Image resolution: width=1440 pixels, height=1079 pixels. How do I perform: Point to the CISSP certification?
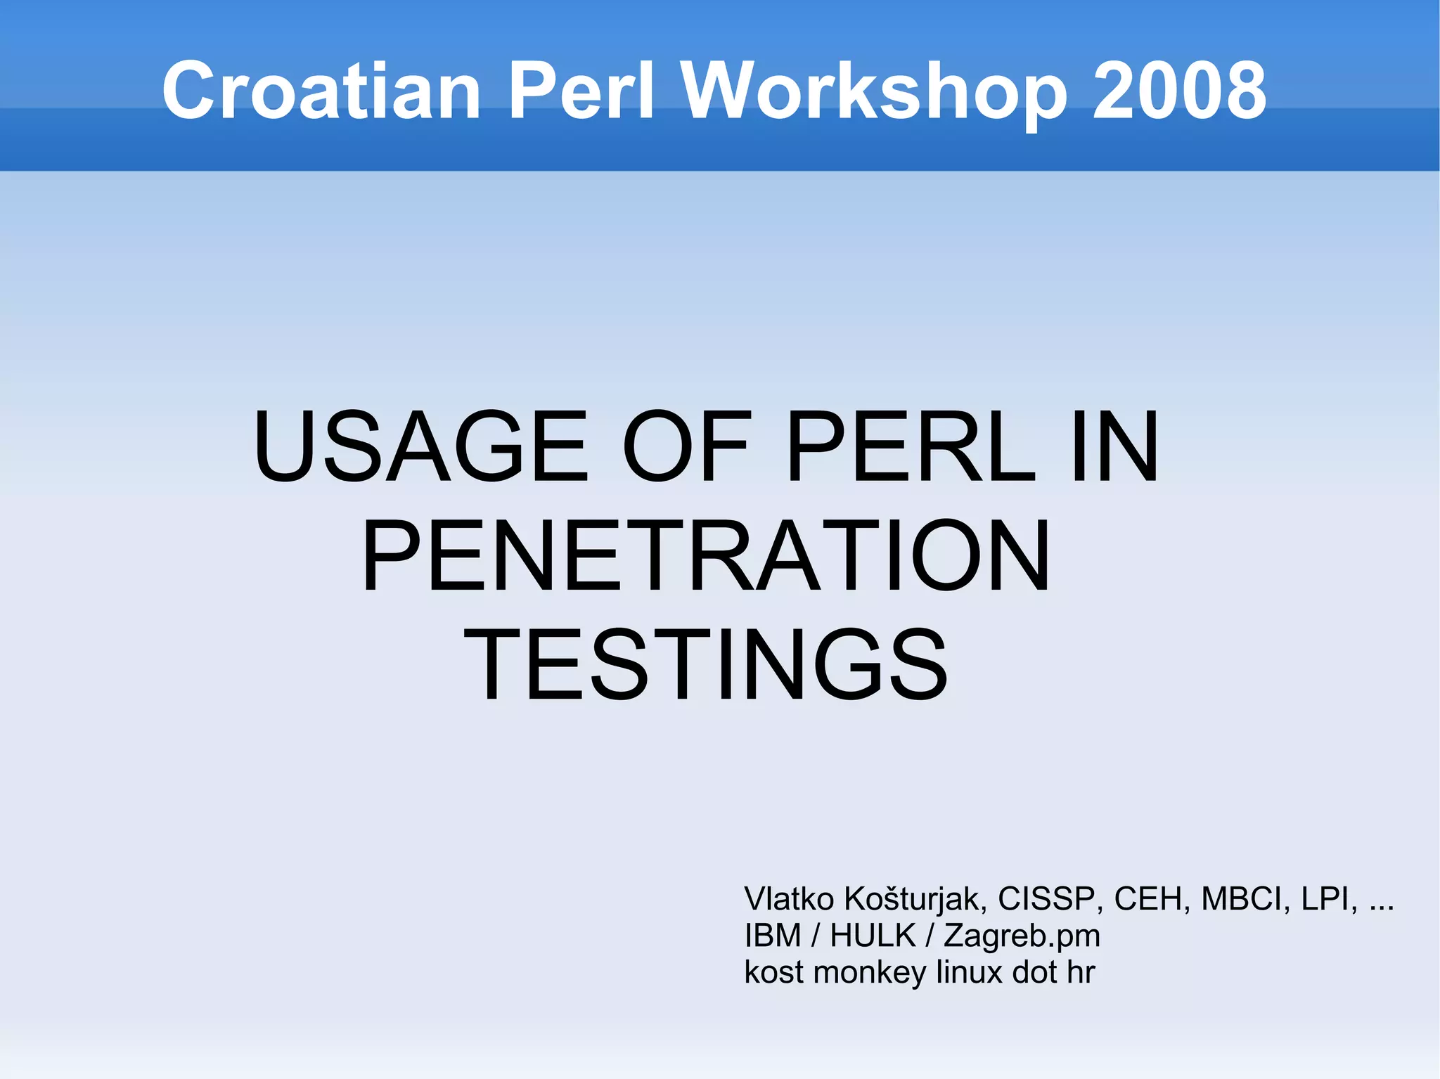1046,899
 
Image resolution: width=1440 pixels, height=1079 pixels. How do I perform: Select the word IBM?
773,936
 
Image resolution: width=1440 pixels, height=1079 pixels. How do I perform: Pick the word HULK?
873,936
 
